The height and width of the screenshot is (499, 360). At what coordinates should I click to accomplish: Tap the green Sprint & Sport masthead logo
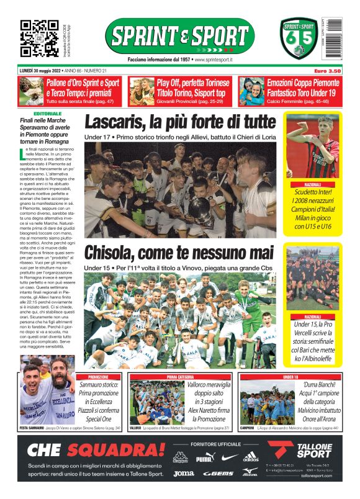180,35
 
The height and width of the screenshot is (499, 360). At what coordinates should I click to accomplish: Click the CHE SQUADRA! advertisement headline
87,449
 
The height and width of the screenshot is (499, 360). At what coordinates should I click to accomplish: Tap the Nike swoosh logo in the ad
229,458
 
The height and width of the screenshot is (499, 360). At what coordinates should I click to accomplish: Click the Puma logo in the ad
204,459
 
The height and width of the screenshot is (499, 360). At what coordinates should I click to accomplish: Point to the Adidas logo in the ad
251,457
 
